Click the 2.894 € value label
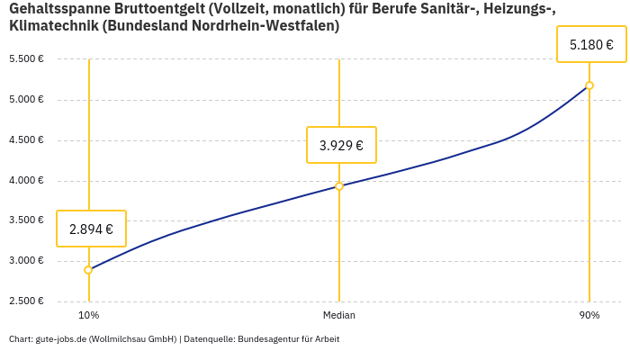pos(91,229)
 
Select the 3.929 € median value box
pos(341,145)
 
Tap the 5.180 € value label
pos(591,44)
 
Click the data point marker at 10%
pos(88,270)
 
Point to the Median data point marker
pos(339,186)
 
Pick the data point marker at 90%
pos(589,85)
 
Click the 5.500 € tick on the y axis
pos(26,59)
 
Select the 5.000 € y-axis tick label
pos(26,100)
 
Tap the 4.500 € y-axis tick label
pos(26,140)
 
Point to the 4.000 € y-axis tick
pos(26,181)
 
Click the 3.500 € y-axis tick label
pos(26,220)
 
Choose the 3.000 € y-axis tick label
pos(26,261)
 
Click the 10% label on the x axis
pos(88,315)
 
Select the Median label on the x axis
pos(339,315)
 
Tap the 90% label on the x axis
pos(589,315)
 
